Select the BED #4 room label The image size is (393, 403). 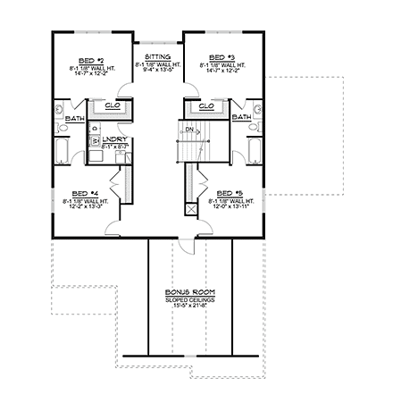[x=85, y=194]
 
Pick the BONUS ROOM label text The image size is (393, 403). [x=189, y=292]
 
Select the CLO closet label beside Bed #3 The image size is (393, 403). [x=206, y=106]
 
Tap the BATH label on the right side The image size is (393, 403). [x=241, y=117]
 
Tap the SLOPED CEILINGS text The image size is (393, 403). [x=189, y=300]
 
